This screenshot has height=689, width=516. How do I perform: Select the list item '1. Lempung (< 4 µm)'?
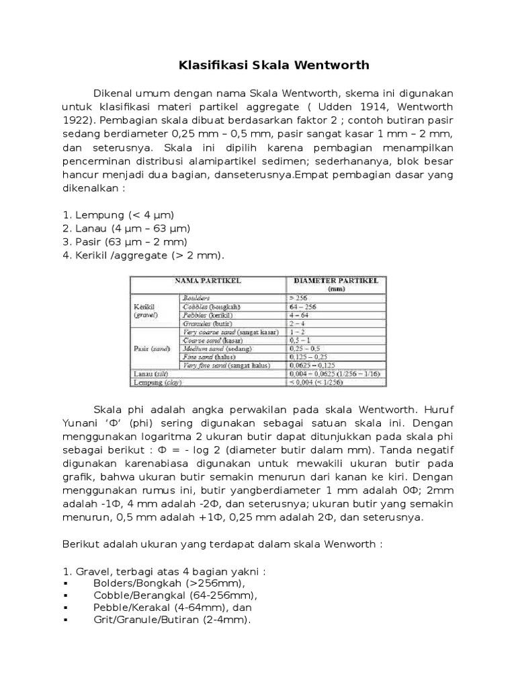118,215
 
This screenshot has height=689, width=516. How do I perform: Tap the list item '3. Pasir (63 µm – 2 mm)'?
125,242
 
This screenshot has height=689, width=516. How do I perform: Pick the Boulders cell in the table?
196,297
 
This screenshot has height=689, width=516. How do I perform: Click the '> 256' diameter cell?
298,297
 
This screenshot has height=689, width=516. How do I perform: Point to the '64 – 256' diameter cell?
304,306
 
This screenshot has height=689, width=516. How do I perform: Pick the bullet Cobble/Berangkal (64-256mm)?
175,595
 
